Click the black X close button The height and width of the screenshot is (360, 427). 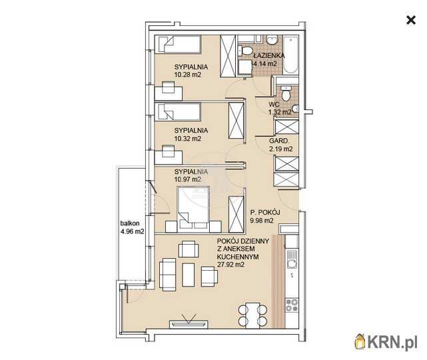click(x=410, y=20)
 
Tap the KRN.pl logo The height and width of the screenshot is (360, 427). click(x=386, y=341)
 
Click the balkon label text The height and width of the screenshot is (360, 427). click(x=130, y=223)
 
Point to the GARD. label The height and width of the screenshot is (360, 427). click(x=279, y=141)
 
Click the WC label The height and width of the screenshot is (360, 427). click(x=274, y=105)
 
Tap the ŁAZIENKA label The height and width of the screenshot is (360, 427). click(x=269, y=55)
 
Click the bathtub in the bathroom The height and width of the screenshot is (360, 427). click(x=291, y=55)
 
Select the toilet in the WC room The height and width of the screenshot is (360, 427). click(x=286, y=93)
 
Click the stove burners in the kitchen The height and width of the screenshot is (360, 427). click(x=292, y=305)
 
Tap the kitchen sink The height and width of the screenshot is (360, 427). click(x=292, y=260)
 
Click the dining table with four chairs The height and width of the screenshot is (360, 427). click(x=252, y=315)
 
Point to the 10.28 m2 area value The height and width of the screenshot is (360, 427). click(x=188, y=75)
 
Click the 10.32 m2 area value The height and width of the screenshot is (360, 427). click(x=188, y=139)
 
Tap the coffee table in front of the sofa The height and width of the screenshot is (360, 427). click(x=188, y=275)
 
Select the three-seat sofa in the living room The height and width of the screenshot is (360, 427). click(x=167, y=275)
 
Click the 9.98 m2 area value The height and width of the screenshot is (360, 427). click(x=262, y=221)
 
